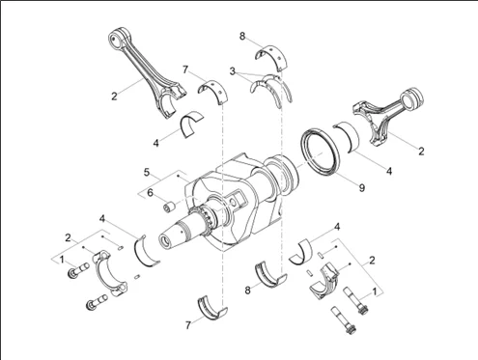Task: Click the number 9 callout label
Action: click(362, 187)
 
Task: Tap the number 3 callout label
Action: click(233, 71)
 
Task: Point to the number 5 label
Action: click(147, 173)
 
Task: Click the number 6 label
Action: click(150, 193)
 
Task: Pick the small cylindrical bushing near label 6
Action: click(169, 207)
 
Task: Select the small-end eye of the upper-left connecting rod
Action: click(115, 39)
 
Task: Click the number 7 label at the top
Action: click(185, 69)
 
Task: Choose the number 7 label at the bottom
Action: click(188, 325)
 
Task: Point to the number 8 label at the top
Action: click(242, 36)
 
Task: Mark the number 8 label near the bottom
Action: click(247, 291)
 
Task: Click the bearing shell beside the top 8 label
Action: click(273, 56)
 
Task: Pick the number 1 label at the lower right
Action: click(374, 291)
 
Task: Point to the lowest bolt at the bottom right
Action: click(343, 320)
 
